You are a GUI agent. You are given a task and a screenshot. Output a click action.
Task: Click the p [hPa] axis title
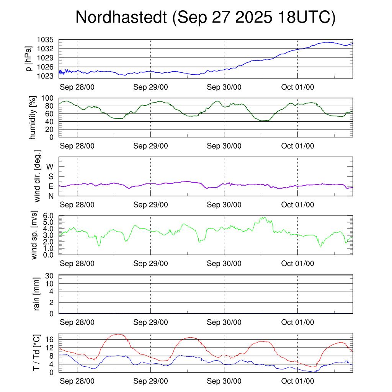coord(28,58)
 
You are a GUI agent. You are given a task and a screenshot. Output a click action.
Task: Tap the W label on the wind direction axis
coord(50,167)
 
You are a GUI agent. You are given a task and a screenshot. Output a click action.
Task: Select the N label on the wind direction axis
coord(51,196)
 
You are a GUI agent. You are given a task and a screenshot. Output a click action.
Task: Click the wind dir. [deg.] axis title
coord(37,176)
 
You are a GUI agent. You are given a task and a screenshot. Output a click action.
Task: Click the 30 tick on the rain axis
coord(50,276)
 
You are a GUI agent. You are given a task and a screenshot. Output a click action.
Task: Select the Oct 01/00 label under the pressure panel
coord(298,87)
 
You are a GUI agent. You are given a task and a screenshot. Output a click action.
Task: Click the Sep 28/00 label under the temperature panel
coord(77,381)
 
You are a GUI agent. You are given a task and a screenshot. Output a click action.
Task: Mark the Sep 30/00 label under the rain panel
coord(224,322)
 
